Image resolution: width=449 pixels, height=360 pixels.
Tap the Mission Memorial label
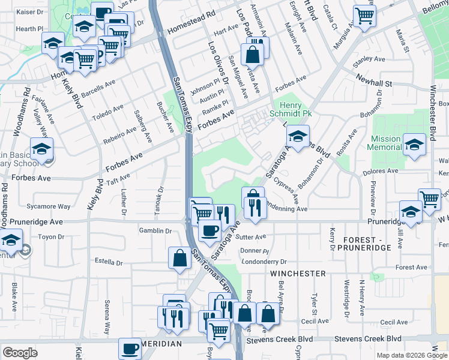click(385, 143)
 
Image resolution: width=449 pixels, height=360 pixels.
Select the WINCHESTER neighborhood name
click(298, 273)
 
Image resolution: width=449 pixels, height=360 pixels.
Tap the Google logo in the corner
click(20, 352)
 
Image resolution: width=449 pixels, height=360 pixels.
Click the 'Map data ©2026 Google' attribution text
click(411, 355)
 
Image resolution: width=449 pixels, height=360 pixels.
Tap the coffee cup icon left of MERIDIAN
click(129, 347)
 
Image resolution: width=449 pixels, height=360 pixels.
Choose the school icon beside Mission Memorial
click(414, 144)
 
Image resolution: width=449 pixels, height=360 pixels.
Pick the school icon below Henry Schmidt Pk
click(298, 136)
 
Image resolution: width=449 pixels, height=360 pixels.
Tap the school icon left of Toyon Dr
click(11, 241)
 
